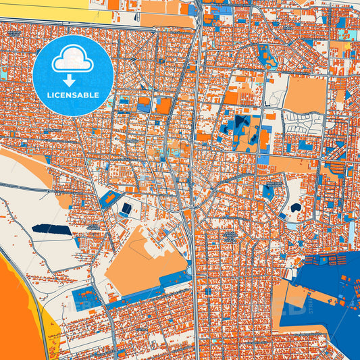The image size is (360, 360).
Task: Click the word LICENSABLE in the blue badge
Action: [x=73, y=95]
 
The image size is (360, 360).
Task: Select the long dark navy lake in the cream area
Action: [x=51, y=230]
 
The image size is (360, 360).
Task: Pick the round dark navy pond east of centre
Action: [x=295, y=208]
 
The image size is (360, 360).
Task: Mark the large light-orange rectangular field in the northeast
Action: [x=305, y=95]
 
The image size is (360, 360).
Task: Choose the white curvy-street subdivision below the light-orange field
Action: [x=303, y=123]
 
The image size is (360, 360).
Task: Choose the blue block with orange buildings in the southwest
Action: [x=86, y=297]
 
